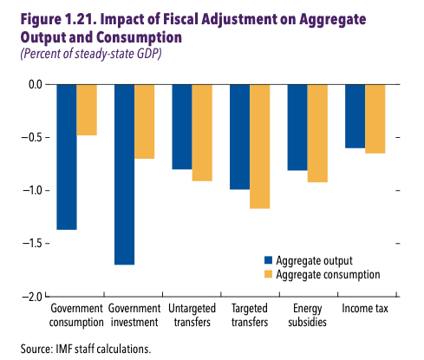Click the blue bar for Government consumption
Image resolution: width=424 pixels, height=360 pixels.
click(67, 156)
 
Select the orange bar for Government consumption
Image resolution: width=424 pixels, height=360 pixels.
click(87, 109)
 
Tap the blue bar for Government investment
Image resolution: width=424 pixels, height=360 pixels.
click(124, 173)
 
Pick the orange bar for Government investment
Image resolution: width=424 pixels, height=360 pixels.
click(144, 121)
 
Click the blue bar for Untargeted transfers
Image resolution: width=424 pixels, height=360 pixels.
click(181, 127)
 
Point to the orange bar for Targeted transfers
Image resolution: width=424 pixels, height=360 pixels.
click(259, 146)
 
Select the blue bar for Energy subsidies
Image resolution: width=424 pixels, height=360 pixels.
click(297, 127)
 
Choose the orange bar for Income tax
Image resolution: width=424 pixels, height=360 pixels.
click(375, 118)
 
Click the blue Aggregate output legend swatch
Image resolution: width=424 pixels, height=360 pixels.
click(269, 259)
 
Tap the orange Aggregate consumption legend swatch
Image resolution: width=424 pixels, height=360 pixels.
click(269, 274)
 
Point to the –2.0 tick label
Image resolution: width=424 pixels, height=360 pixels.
click(32, 297)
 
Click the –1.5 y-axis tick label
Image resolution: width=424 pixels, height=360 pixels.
click(32, 244)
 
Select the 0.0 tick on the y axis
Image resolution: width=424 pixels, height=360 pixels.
click(35, 84)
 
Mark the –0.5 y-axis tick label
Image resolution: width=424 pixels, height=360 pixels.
click(32, 138)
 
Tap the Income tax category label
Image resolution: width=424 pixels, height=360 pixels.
click(365, 309)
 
